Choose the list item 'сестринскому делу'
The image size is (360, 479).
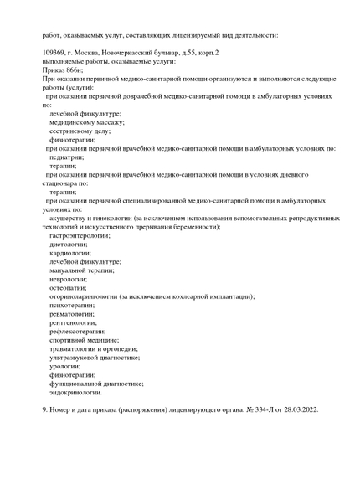click(80, 131)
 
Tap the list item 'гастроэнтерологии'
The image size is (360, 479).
click(80, 236)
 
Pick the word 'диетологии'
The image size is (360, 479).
click(68, 245)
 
